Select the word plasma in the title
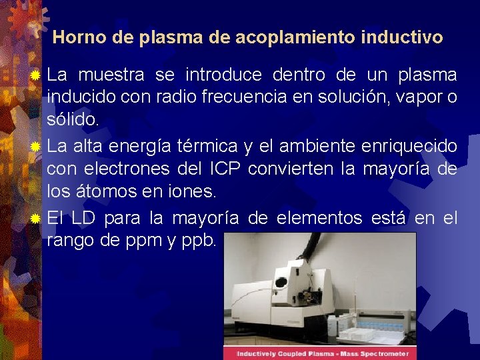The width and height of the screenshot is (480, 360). (169, 37)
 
